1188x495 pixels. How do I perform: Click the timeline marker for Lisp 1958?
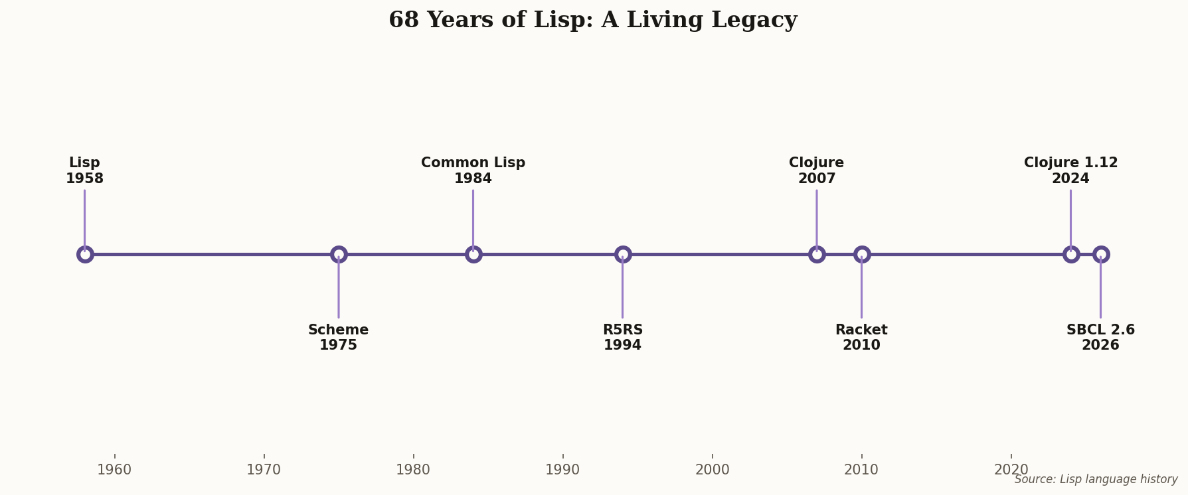(85, 254)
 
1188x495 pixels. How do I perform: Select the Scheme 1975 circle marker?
(339, 254)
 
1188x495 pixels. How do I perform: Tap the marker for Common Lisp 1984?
(473, 254)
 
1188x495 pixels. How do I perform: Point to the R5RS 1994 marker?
(623, 254)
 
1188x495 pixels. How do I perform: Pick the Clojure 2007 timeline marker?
(817, 254)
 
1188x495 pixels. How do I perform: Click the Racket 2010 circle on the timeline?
(862, 254)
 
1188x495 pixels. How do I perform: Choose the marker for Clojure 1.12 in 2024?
(1071, 254)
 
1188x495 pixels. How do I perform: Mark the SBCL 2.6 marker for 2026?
(1101, 254)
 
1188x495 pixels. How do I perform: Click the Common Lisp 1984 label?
(473, 171)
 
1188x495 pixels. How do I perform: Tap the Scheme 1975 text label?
(339, 338)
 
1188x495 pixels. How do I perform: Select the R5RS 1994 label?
(623, 338)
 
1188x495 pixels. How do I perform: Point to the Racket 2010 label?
(861, 338)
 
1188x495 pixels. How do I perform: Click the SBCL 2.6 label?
(1100, 338)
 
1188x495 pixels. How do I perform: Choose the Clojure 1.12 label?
(1070, 171)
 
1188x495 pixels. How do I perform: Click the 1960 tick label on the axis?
(115, 470)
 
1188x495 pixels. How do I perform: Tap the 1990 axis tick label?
(562, 470)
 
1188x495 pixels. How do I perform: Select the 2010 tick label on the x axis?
(861, 470)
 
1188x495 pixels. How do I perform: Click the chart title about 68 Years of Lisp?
(592, 20)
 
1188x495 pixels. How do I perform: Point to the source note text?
(1096, 479)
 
